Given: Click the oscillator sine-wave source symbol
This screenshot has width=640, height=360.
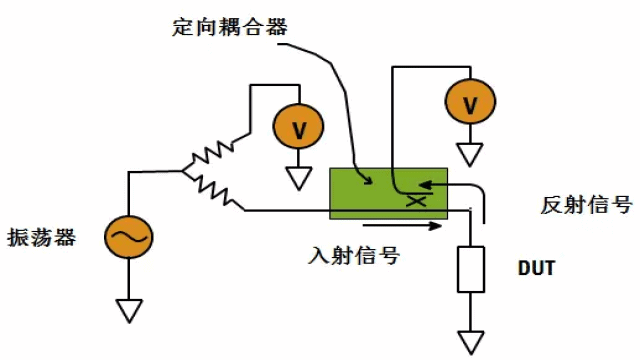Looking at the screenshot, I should (x=129, y=237).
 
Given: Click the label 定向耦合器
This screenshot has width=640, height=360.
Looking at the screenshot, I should (x=229, y=27).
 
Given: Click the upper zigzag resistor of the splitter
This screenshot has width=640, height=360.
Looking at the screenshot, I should (x=214, y=153).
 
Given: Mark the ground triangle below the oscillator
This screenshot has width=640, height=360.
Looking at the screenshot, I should (x=129, y=311).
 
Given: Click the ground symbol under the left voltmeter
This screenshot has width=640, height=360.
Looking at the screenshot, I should (x=297, y=178).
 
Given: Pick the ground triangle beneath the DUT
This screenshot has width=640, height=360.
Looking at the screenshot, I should (x=470, y=341).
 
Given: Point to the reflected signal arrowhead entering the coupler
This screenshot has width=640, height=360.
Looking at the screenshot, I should (x=424, y=184).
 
